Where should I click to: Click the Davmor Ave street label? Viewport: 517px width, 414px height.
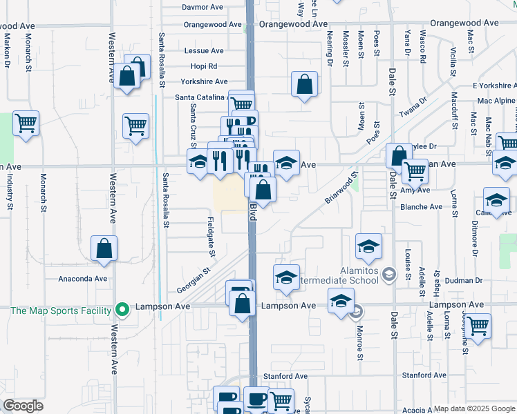[x=203, y=7]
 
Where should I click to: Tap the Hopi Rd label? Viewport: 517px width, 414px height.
[x=204, y=66]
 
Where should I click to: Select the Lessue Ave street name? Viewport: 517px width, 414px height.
[x=204, y=51]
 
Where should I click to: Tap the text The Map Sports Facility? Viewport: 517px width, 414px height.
[x=61, y=310]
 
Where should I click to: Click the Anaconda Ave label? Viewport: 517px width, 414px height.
[x=82, y=279]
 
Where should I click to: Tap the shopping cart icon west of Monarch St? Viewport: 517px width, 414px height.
[x=26, y=124]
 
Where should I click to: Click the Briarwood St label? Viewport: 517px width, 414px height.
[x=341, y=187]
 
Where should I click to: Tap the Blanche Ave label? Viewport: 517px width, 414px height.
[x=421, y=207]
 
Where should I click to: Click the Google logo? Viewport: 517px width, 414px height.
[x=23, y=406]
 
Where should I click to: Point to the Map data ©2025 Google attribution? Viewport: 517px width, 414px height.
[x=474, y=408]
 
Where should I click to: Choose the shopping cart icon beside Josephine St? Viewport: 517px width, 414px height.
[x=478, y=325]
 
